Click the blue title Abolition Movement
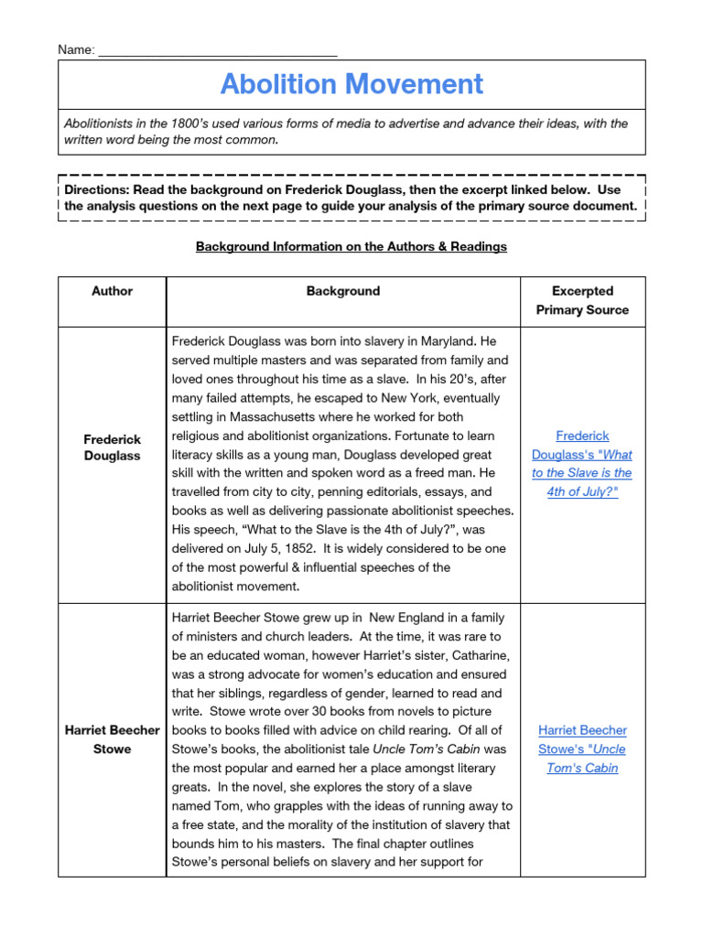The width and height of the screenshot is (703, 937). tap(351, 84)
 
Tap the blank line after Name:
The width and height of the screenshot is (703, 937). tap(218, 50)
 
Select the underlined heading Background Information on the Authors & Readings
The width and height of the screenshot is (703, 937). tap(351, 246)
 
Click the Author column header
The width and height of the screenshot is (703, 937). tap(112, 291)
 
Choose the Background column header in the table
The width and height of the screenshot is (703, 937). tap(343, 291)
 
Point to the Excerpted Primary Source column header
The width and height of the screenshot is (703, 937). tap(582, 300)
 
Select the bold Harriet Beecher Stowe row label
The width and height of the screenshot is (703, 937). tap(112, 739)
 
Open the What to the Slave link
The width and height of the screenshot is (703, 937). tap(582, 464)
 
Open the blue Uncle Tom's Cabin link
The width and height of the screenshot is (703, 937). tap(582, 749)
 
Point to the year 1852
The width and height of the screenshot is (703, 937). tap(334, 548)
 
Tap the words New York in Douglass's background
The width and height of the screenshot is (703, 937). tap(370, 398)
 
